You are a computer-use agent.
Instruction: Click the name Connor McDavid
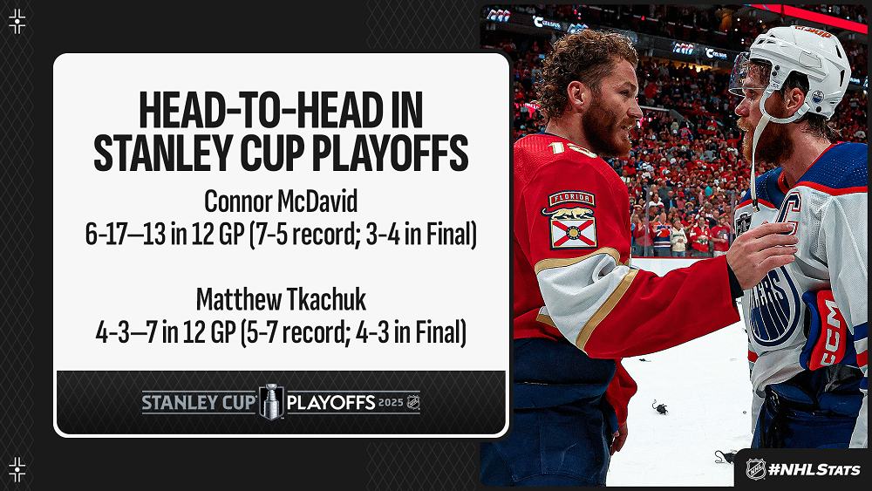(281, 201)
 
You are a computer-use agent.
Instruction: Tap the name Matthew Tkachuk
(281, 300)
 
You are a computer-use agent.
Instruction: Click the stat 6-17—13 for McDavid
(125, 234)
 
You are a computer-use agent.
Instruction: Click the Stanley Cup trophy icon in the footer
(271, 401)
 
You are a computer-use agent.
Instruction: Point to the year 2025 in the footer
(391, 402)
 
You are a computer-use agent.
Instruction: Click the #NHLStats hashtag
(814, 469)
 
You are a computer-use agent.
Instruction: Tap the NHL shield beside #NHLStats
(755, 468)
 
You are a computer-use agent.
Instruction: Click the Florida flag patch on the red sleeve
(572, 220)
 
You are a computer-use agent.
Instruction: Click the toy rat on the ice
(660, 407)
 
